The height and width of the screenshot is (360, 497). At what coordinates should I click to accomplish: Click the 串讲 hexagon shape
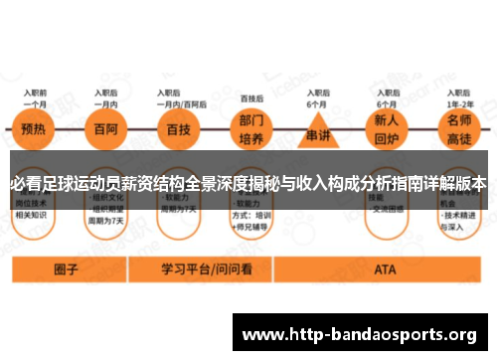pos(318,135)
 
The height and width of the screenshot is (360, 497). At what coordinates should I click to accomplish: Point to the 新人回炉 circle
pos(386,135)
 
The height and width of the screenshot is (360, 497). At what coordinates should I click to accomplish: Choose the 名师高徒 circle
pos(459,135)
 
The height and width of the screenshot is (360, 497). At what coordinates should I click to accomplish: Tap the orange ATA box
pos(385,269)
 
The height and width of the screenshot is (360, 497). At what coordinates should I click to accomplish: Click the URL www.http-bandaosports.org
pos(359,332)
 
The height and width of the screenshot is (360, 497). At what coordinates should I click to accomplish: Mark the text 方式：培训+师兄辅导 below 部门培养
pos(253,220)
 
